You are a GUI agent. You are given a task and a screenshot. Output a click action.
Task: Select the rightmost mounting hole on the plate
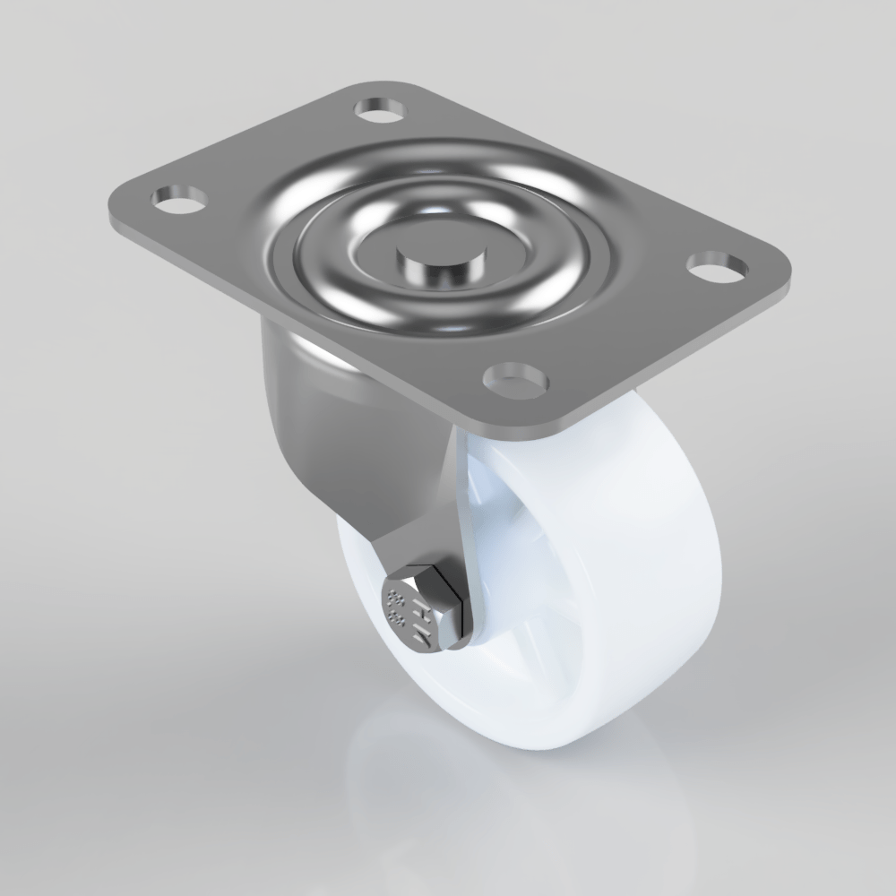[x=717, y=265]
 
